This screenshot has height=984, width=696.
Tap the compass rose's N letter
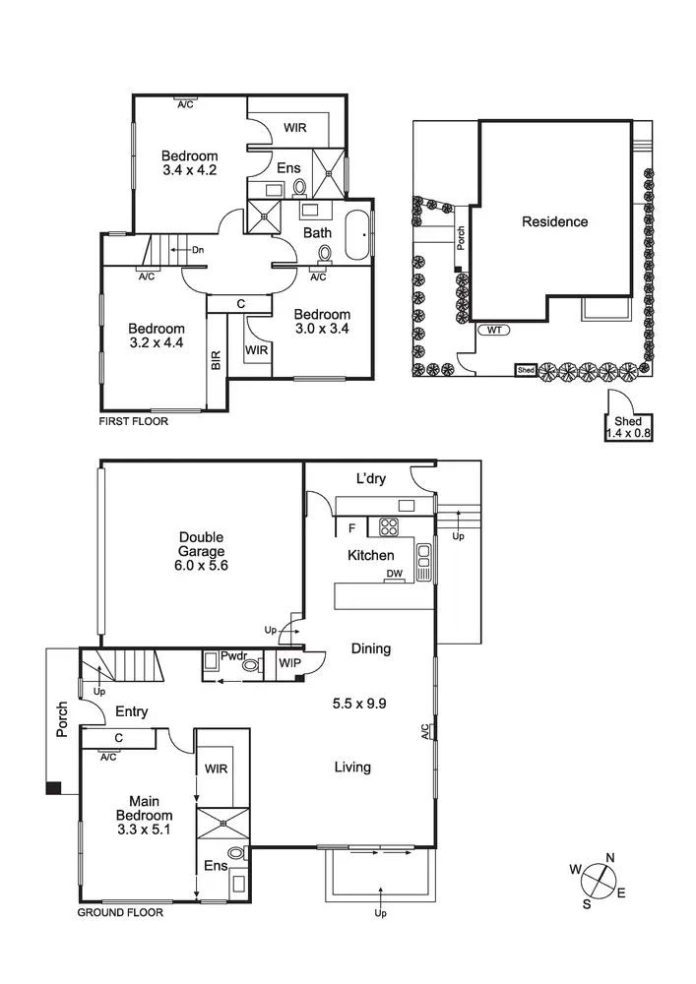(610, 858)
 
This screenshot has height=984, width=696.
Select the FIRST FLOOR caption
(134, 421)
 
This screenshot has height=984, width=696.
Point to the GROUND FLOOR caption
(120, 912)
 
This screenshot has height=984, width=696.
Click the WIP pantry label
(290, 664)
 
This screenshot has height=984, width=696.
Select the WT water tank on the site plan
(494, 331)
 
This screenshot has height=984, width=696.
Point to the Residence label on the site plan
(554, 222)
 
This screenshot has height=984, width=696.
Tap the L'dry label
(370, 479)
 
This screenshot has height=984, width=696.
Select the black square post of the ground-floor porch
(53, 787)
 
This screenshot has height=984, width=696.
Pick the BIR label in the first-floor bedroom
(216, 360)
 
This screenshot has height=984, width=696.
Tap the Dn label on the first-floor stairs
(197, 250)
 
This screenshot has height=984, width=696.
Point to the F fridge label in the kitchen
(351, 528)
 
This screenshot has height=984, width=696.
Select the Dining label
(370, 648)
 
